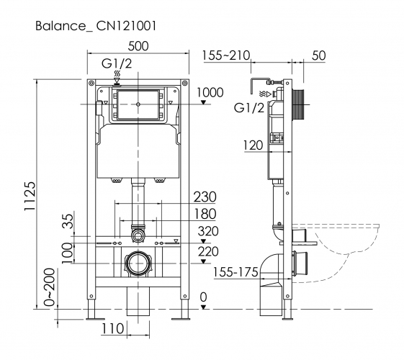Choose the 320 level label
pos(207,232)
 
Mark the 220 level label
pos(207,252)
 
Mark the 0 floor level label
pos(204,296)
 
